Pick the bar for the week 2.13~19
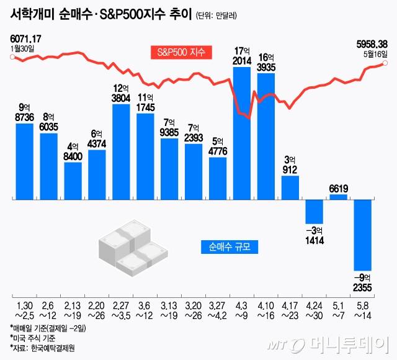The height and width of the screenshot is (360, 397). point(73,181)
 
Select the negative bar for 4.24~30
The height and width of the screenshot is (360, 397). point(315,211)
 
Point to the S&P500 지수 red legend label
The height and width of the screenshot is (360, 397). point(182,52)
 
